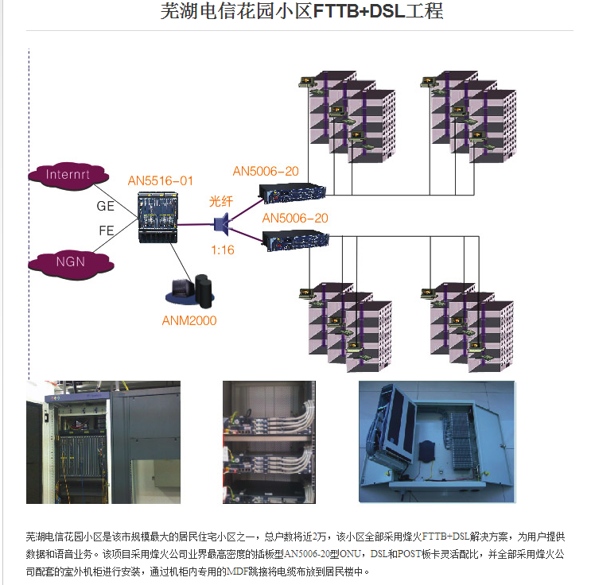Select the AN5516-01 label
click(x=160, y=181)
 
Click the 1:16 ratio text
click(x=222, y=250)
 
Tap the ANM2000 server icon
click(x=191, y=292)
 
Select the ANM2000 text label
click(x=189, y=321)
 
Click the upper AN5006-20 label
click(x=266, y=171)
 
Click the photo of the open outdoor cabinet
click(x=436, y=441)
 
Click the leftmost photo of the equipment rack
click(x=103, y=441)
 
